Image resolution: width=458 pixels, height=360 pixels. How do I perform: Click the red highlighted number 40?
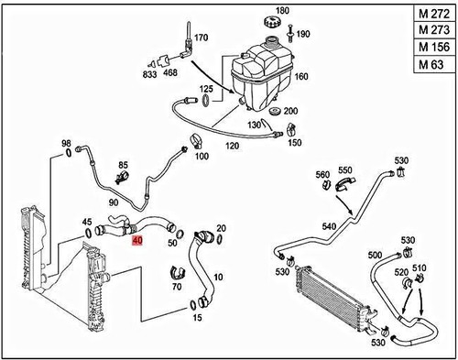pyautogui.click(x=137, y=242)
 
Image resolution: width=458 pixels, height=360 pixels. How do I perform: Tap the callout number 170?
pyautogui.click(x=202, y=38)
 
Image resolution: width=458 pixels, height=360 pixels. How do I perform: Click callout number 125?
pyautogui.click(x=207, y=89)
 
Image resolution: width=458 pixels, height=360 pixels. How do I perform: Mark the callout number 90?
pyautogui.click(x=113, y=202)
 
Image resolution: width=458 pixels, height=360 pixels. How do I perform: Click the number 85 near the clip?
pyautogui.click(x=122, y=166)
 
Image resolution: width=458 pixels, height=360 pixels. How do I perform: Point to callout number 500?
pyautogui.click(x=374, y=255)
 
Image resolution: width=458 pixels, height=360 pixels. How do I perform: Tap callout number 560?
pyautogui.click(x=322, y=174)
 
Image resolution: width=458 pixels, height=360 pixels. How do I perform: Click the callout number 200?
pyautogui.click(x=291, y=111)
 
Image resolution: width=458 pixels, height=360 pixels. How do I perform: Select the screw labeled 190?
pyautogui.click(x=303, y=33)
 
